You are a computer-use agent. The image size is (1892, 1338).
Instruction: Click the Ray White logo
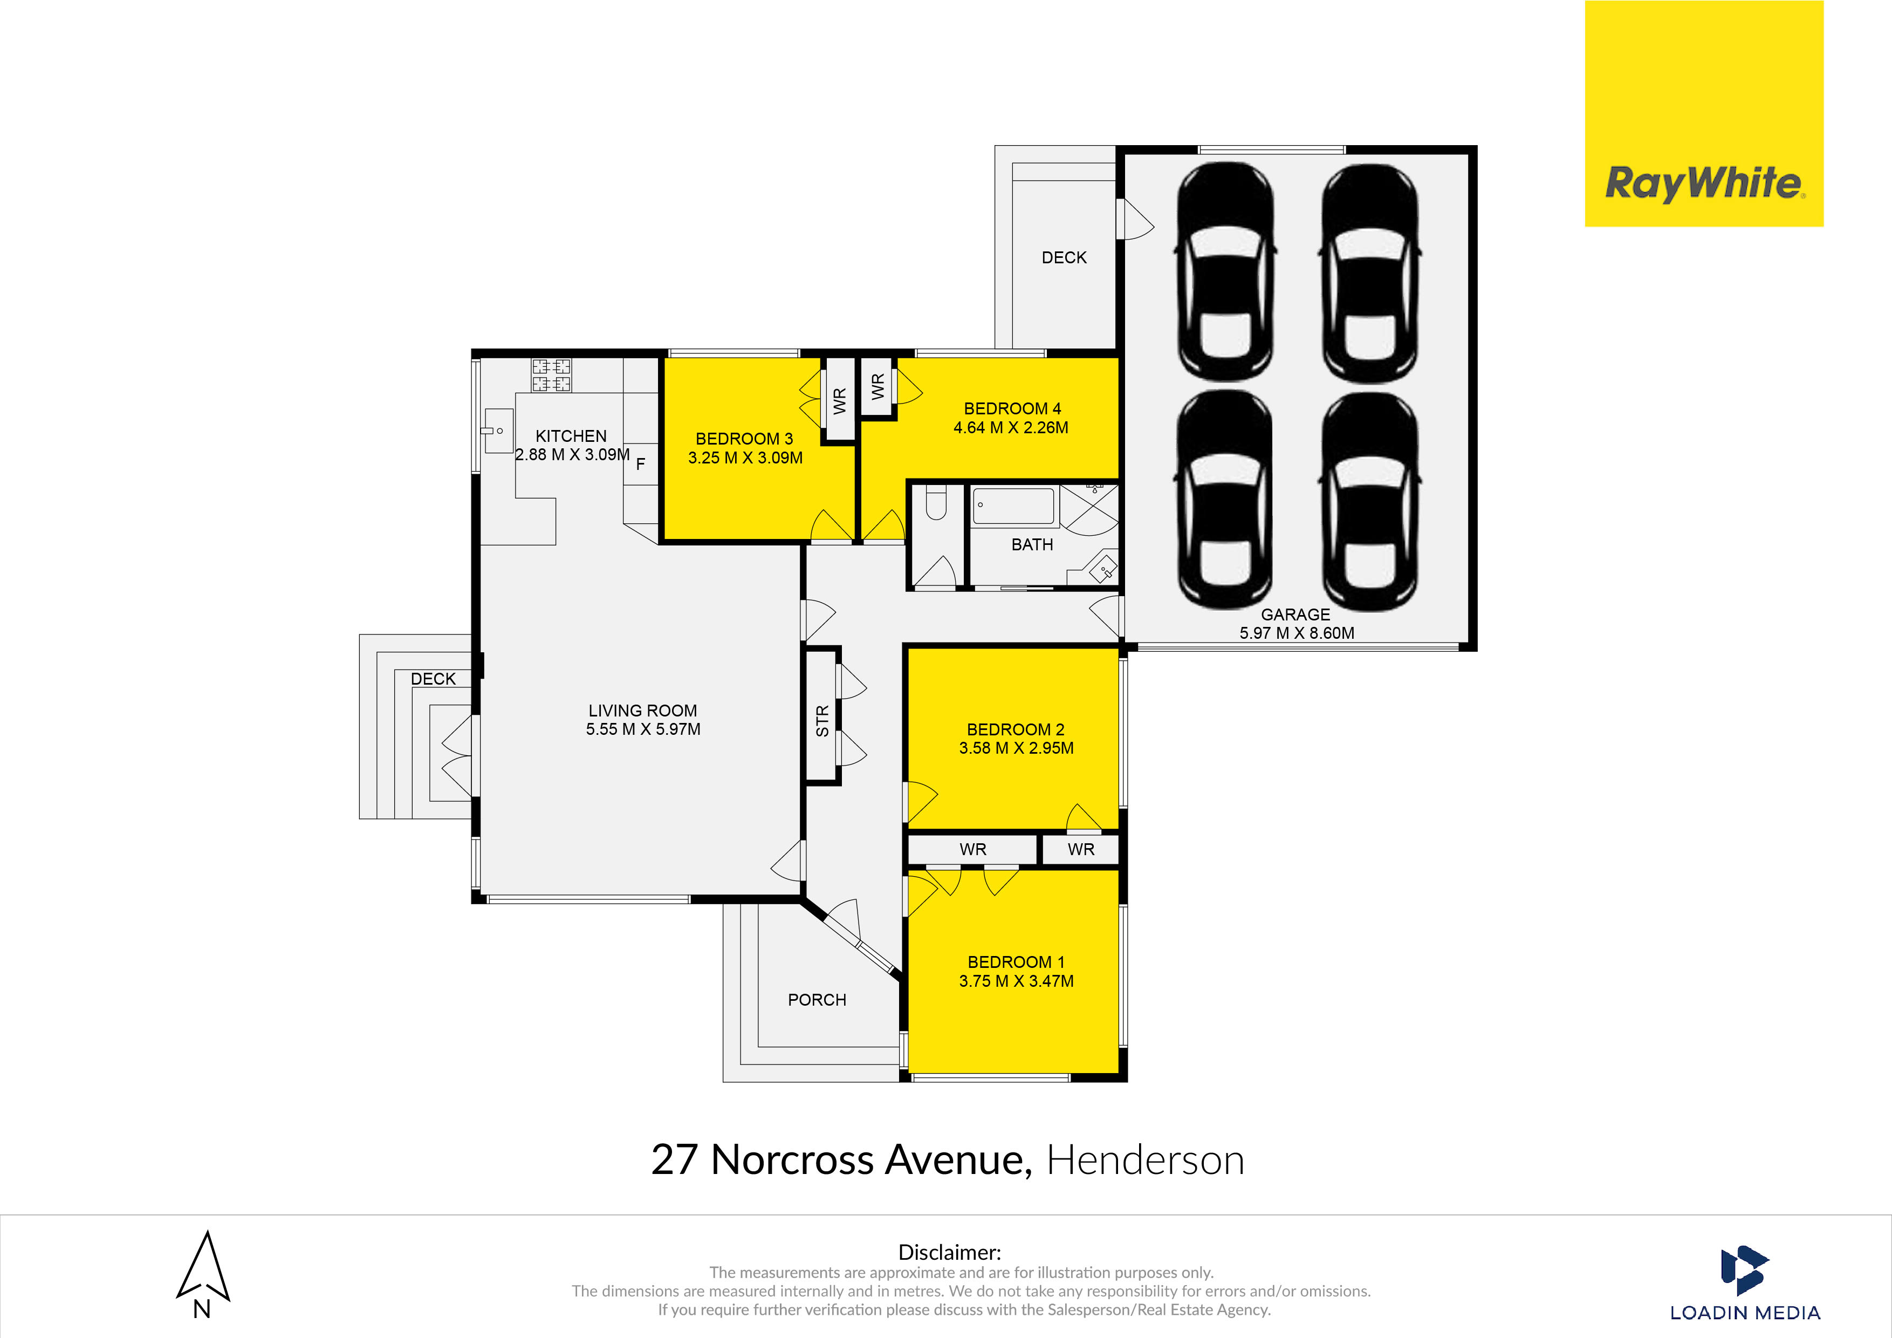pos(1703,183)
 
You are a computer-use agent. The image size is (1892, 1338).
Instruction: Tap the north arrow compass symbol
pos(203,1269)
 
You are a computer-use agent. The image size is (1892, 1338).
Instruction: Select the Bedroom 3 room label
pos(744,439)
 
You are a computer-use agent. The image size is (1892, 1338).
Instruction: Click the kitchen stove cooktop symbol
pos(551,375)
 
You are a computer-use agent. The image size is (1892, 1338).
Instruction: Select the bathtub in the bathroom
pos(1013,506)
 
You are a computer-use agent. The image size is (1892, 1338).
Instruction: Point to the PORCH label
pos(817,1000)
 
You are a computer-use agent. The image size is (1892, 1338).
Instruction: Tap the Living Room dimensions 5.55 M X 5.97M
pos(643,729)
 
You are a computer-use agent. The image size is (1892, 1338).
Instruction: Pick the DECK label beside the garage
pos(1064,258)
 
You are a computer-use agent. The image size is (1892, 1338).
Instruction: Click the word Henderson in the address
pos(1144,1160)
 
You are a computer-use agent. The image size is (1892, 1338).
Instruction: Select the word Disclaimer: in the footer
pos(949,1252)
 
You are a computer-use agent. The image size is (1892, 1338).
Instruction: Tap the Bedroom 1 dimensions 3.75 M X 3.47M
pos(1016,981)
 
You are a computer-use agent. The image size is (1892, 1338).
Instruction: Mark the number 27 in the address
pos(674,1160)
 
